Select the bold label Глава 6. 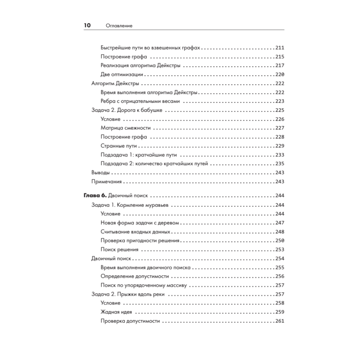[95, 196]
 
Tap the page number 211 [279, 48]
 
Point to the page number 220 [279, 75]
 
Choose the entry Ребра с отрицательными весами [140, 101]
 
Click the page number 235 [279, 164]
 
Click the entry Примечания [107, 181]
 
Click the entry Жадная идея [116, 312]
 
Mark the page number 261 [279, 321]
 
